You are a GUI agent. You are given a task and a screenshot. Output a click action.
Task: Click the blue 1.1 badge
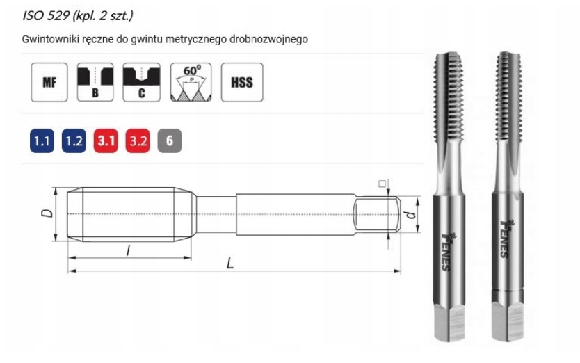click(x=42, y=141)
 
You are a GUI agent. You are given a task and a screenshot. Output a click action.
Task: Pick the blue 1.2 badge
click(x=74, y=141)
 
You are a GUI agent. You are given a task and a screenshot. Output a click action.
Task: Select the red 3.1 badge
click(x=106, y=141)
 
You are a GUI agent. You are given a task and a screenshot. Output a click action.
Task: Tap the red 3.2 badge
click(x=138, y=141)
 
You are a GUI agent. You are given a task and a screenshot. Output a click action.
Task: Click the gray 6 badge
click(x=169, y=141)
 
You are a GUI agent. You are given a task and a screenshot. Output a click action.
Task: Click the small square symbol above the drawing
click(x=382, y=184)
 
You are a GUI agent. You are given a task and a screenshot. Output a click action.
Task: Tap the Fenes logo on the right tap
click(x=506, y=240)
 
